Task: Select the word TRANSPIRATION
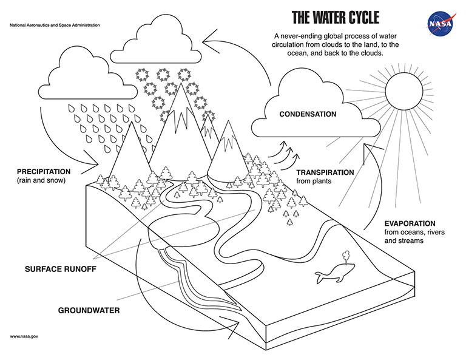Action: coord(325,172)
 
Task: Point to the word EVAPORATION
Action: coord(410,223)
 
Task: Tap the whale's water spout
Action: coord(346,257)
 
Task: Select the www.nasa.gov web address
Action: coord(24,336)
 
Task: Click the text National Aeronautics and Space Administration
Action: coord(55,27)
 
